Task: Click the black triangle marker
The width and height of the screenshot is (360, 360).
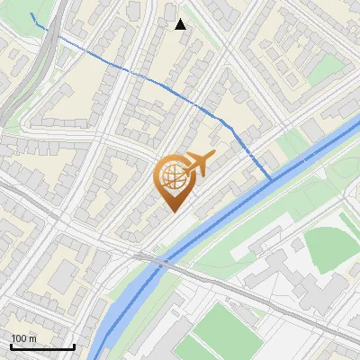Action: pos(181,24)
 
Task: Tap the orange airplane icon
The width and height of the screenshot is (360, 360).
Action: pos(197,165)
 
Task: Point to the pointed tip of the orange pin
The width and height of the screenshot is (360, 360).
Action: pos(173,212)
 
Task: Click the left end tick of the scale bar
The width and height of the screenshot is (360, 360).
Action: pos(11,346)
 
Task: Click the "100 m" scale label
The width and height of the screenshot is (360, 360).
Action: pos(23,338)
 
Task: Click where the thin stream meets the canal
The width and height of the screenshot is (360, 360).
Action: pos(272,180)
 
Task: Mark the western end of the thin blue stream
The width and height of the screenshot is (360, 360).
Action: pos(31,15)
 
